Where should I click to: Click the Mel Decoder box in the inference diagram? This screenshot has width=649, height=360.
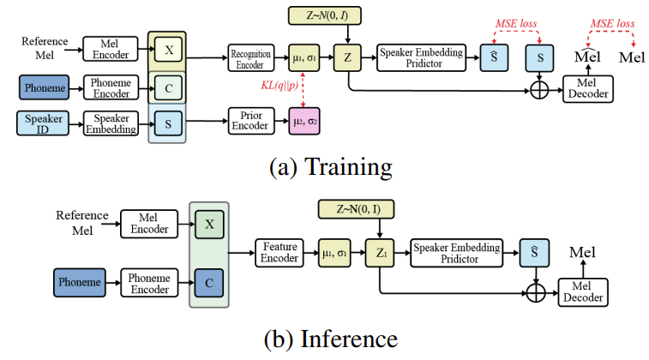tap(582, 292)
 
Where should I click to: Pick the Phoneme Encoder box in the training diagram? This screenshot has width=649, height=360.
tap(110, 87)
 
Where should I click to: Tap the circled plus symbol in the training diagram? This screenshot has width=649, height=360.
tap(538, 87)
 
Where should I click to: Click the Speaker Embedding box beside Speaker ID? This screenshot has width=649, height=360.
tap(111, 123)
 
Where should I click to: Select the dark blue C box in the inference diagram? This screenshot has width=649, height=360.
tap(208, 280)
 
